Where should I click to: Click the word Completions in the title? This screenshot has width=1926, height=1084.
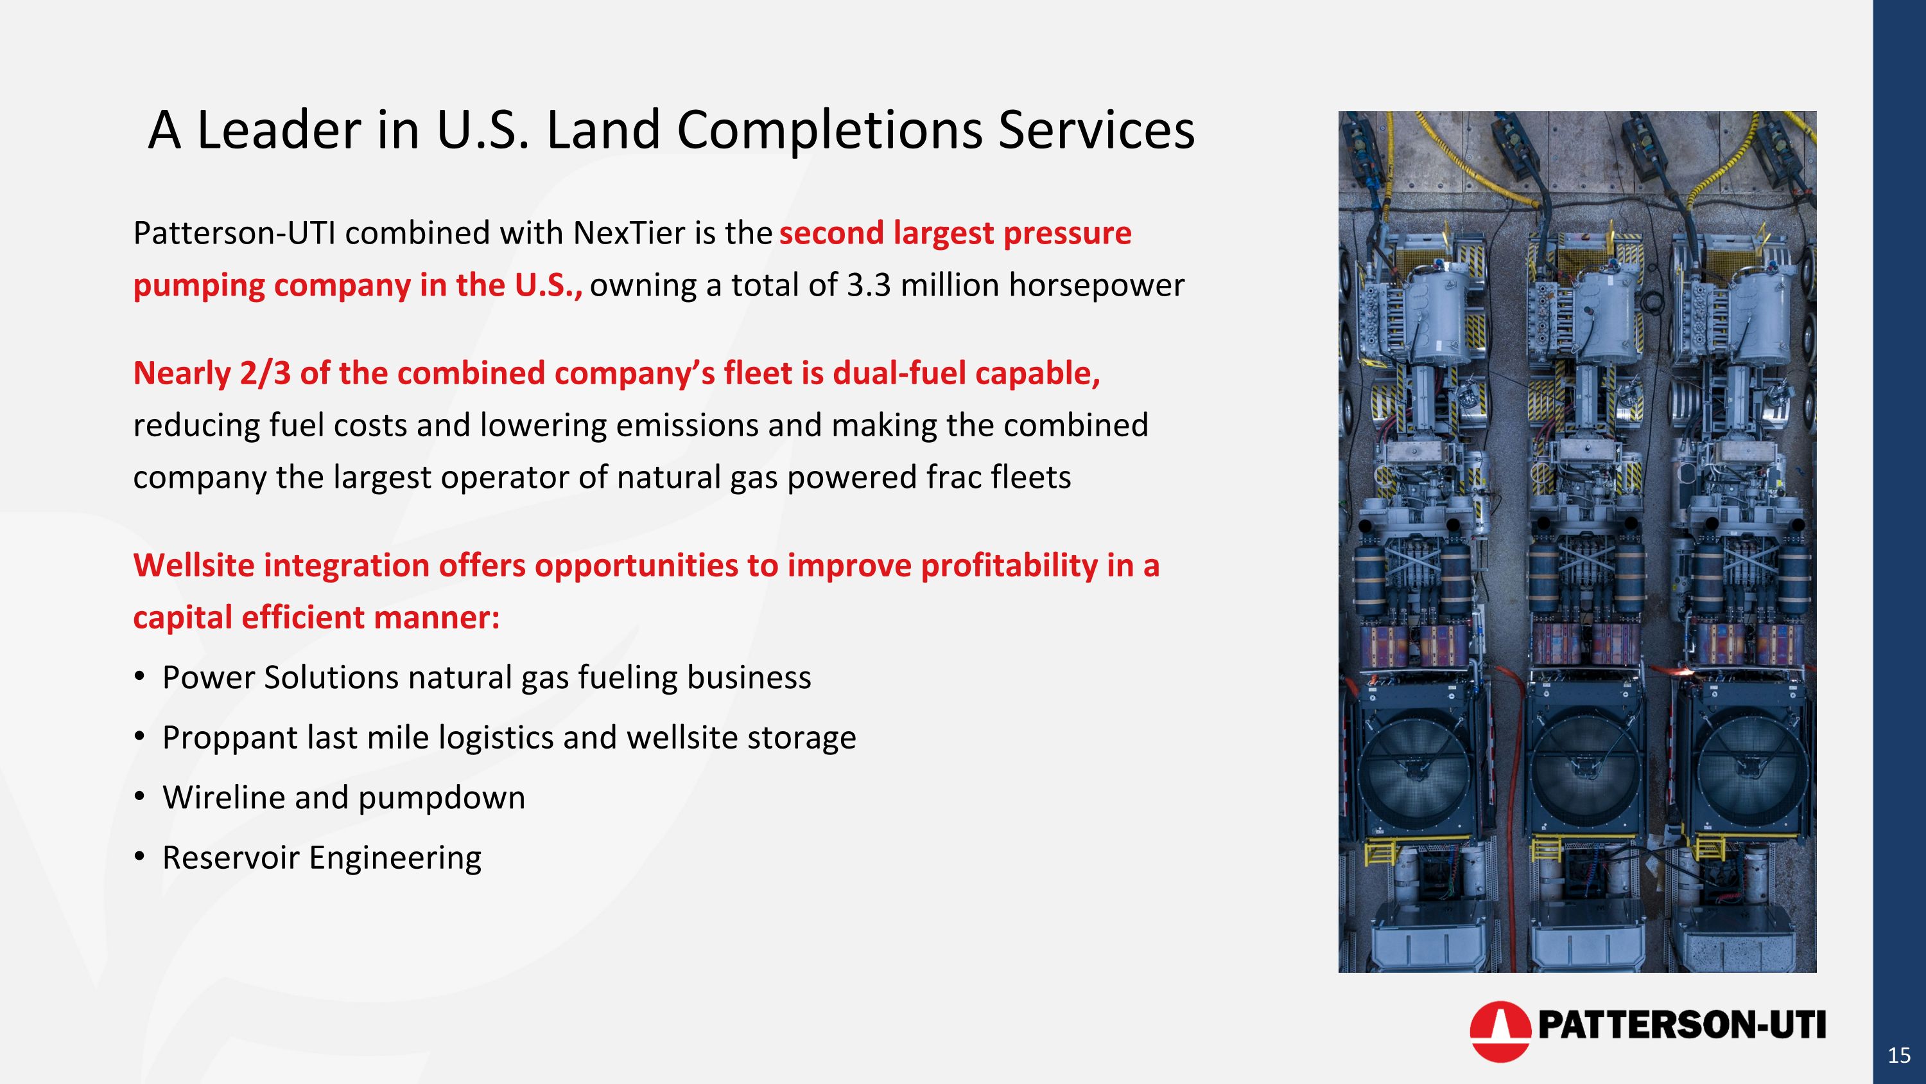point(828,130)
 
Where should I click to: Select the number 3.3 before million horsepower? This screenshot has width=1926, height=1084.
point(869,286)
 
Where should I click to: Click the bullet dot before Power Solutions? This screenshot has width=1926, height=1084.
point(139,676)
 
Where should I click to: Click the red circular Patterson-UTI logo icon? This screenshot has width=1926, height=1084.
point(1499,1031)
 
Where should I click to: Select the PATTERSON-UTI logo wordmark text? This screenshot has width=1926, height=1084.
point(1681,1025)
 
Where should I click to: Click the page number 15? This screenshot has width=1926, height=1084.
point(1898,1056)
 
